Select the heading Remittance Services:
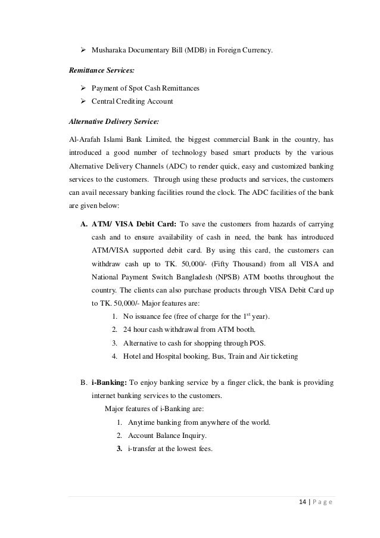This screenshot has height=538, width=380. [x=98, y=70]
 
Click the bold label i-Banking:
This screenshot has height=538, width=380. [x=109, y=382]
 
